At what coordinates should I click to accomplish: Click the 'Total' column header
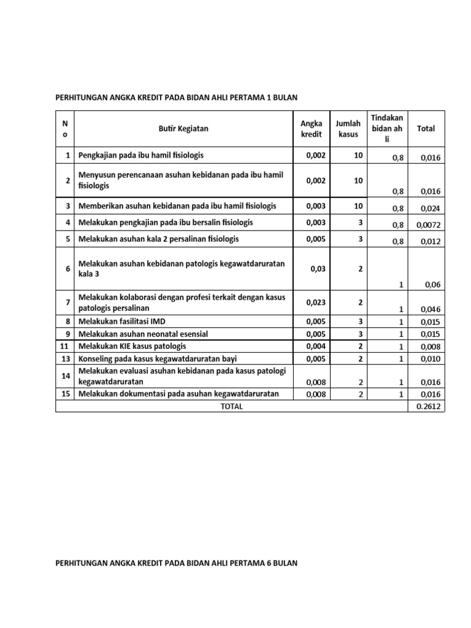pos(426,129)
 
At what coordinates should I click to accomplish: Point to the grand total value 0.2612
pos(426,407)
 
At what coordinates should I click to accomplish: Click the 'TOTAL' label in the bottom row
pos(231,407)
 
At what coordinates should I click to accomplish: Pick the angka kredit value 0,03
pos(316,269)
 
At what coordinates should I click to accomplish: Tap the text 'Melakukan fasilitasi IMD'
pos(122,321)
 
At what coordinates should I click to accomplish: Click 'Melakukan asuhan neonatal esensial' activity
pos(143,334)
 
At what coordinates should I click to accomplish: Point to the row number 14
pos(65,376)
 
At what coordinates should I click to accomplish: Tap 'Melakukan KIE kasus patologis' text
pos(132,347)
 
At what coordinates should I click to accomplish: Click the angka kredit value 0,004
pos(315,347)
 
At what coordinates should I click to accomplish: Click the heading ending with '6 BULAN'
pos(177,562)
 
